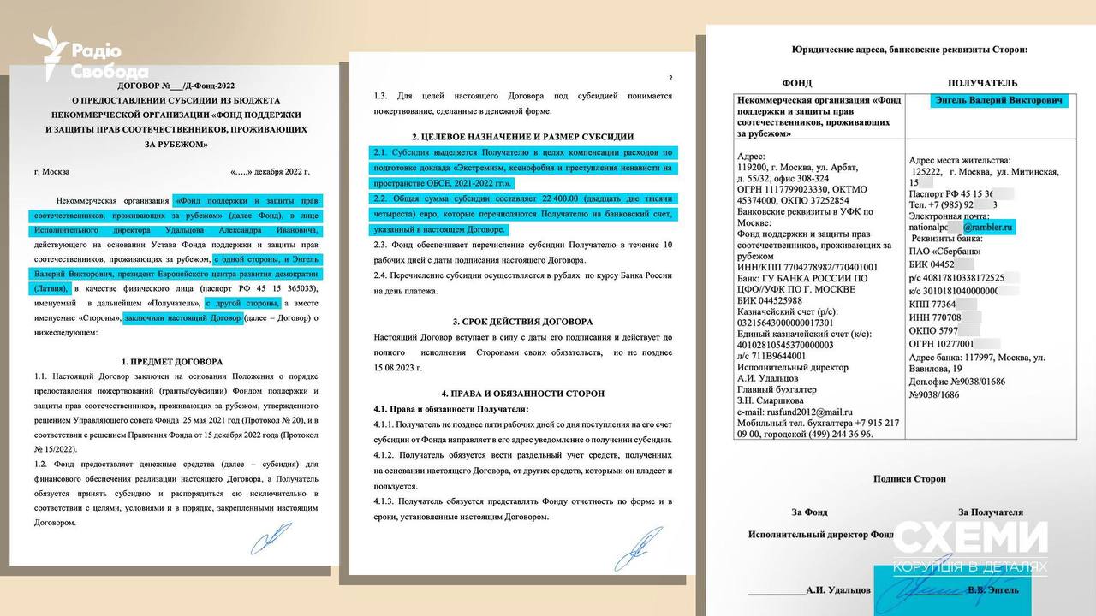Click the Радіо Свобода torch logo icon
[50, 53]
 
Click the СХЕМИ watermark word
[970, 538]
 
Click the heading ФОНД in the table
[797, 83]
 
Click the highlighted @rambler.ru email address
[988, 228]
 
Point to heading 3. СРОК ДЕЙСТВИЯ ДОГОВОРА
[521, 322]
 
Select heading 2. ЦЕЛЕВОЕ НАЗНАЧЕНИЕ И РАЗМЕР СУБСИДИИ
[522, 137]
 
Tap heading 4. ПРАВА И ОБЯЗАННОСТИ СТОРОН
[522, 394]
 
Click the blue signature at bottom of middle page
[638, 548]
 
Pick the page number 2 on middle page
[670, 78]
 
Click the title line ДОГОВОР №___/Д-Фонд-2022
[176, 86]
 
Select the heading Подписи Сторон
[909, 479]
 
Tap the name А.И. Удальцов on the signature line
[838, 590]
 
